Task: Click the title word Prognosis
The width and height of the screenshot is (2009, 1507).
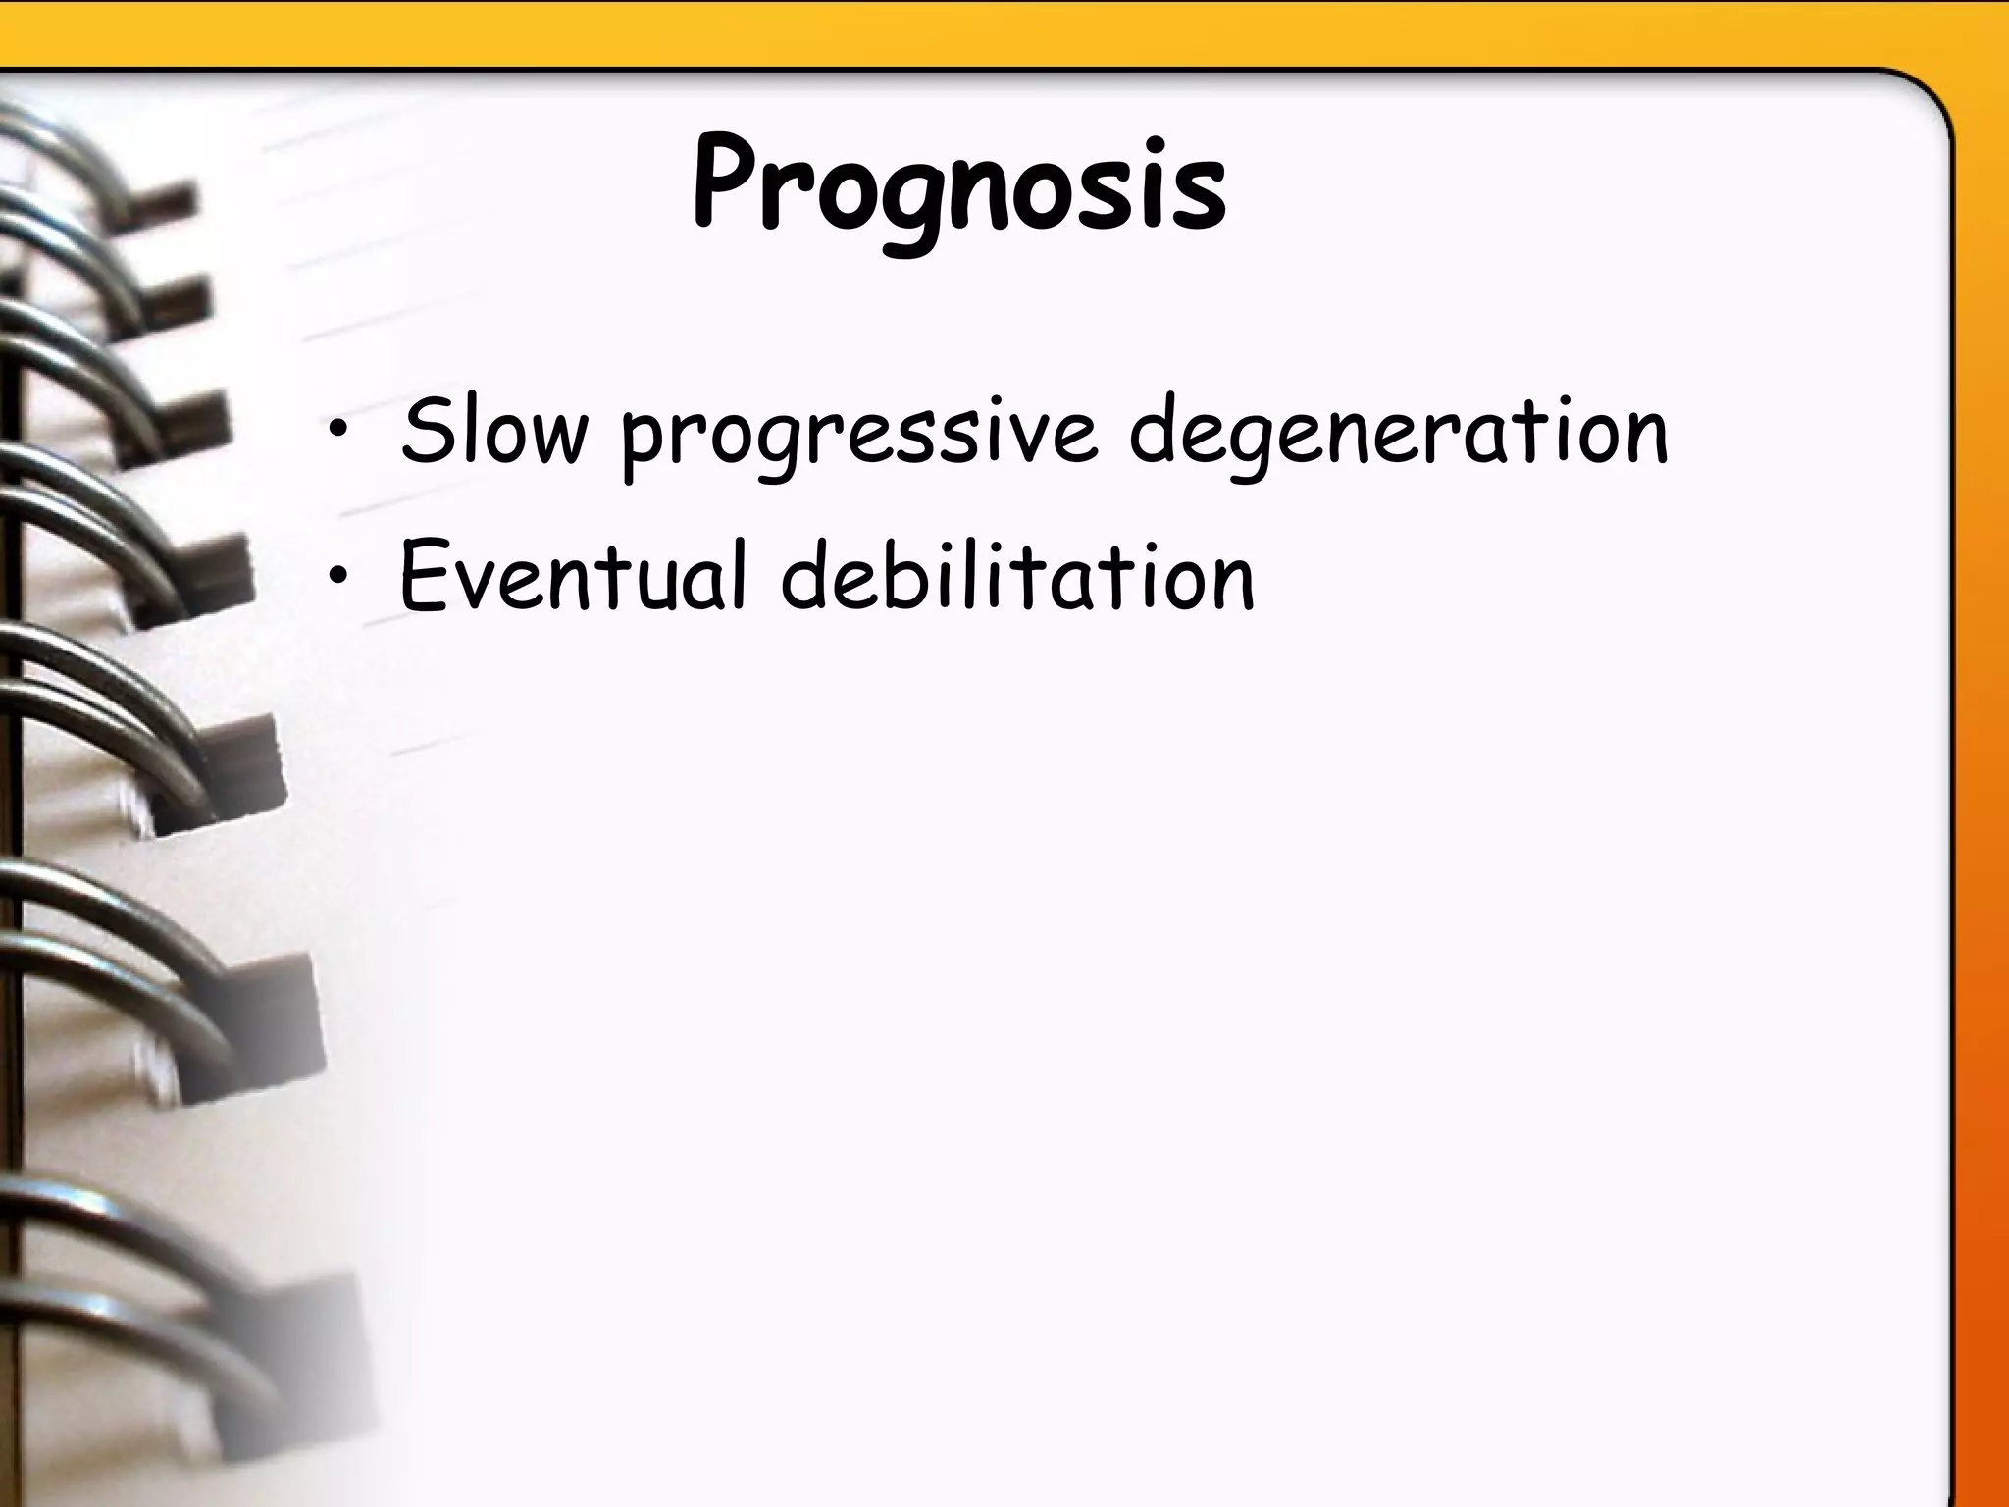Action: click(959, 186)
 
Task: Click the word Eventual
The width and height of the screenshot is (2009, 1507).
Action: click(575, 577)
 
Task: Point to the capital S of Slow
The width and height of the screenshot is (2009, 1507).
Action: click(430, 433)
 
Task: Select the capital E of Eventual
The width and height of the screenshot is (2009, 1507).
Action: click(424, 577)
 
